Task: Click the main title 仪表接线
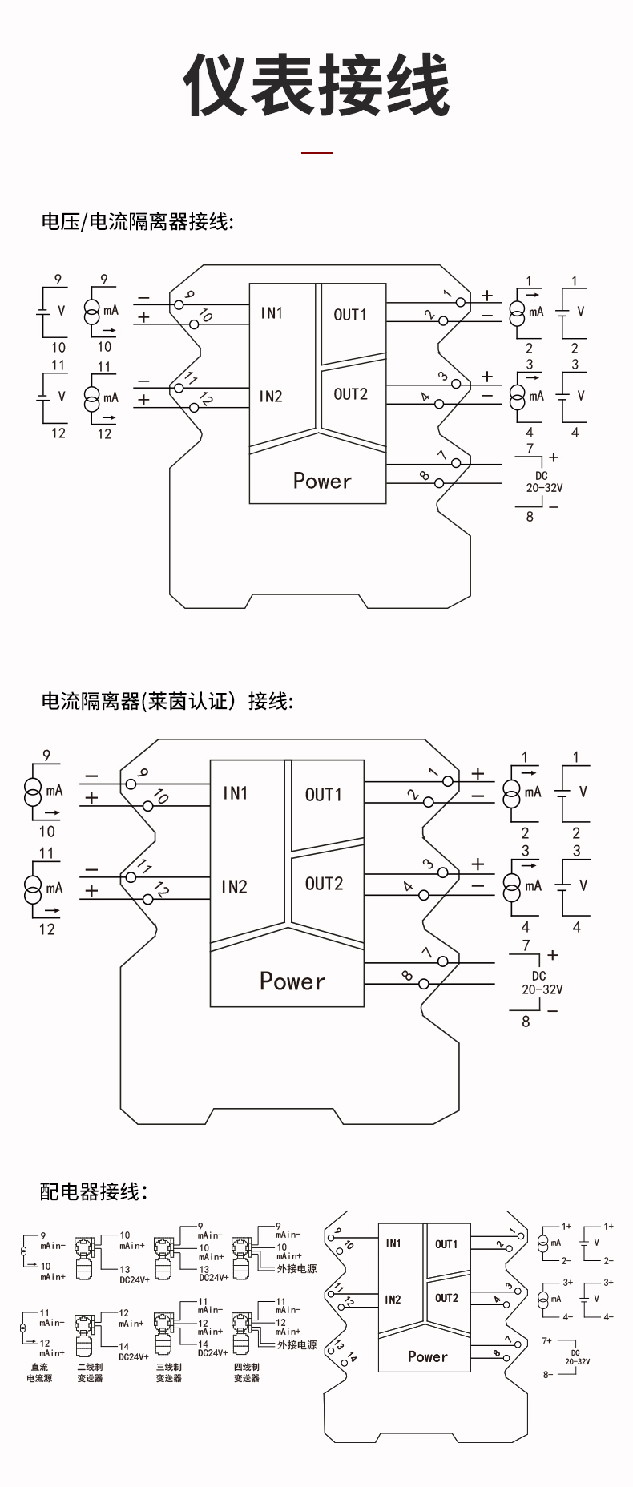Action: [x=316, y=87]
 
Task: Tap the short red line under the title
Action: [x=316, y=152]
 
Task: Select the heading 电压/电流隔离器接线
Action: [x=137, y=222]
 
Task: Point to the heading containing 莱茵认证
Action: [x=167, y=701]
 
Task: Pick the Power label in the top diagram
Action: [x=322, y=481]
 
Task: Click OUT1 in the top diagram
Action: [x=350, y=315]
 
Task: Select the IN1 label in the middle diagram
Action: [x=235, y=793]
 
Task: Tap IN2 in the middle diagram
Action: [x=234, y=886]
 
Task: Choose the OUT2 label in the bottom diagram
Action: [x=446, y=1298]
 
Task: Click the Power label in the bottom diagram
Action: [x=427, y=1356]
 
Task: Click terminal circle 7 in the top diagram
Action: [x=457, y=463]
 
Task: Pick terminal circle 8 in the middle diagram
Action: [x=423, y=983]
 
